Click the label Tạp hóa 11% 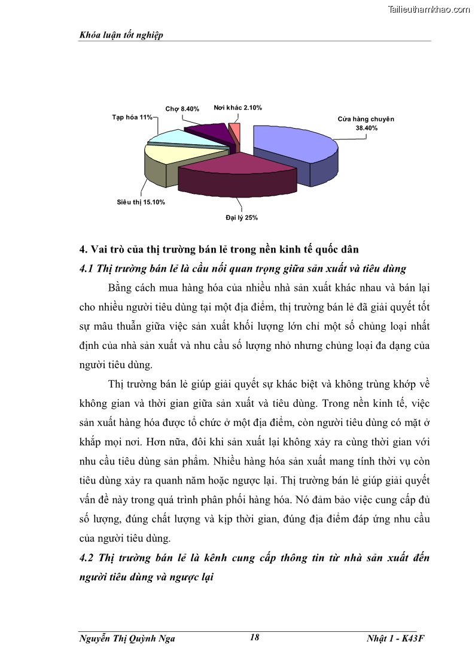132,117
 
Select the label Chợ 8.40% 182,109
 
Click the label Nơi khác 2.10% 237,108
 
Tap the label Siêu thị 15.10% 141,202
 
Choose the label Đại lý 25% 242,218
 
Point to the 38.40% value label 367,127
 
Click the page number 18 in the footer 254,638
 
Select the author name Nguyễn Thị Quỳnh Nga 127,638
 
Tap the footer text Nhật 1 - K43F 395,638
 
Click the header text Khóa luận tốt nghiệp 121,35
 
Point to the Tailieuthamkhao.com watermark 429,10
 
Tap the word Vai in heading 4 101,250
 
